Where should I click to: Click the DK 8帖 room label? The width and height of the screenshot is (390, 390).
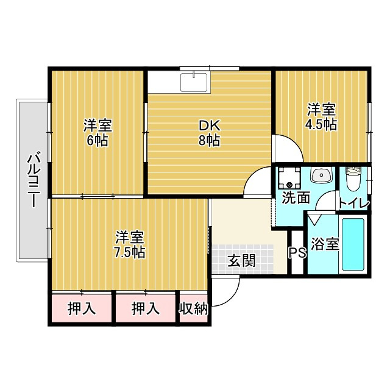pos(209,133)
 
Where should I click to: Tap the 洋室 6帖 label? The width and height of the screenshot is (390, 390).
pos(97,133)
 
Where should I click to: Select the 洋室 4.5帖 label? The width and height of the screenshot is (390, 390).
pos(321,116)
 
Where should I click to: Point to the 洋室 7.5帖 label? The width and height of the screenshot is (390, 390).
pos(129,244)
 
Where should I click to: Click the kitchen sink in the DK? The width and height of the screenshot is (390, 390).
pos(194,83)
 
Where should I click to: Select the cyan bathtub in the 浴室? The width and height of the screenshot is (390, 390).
pos(353,244)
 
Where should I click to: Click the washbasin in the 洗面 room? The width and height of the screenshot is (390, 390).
pos(321,175)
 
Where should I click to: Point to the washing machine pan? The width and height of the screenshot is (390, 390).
pos(289,177)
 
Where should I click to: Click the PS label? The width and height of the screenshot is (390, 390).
pos(297,253)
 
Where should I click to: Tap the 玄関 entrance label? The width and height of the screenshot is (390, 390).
pos(242,261)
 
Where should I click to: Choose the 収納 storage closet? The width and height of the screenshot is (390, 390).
pos(194,308)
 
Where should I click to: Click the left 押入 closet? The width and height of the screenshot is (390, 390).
pos(82,308)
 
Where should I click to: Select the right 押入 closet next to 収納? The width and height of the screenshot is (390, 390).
pos(146,308)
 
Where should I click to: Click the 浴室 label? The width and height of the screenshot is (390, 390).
pos(325,244)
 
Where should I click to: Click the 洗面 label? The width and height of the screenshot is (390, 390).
pos(296,198)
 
